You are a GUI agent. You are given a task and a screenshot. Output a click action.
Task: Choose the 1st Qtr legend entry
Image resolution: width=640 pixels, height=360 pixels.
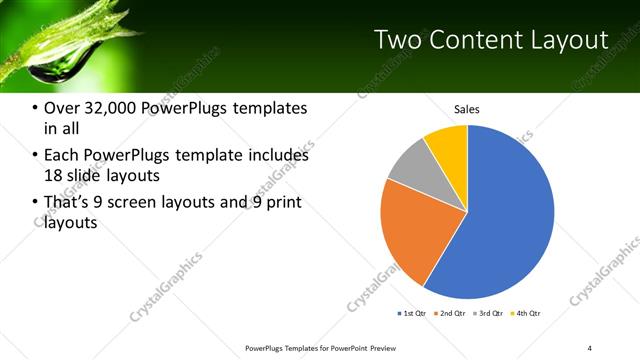click(x=413, y=313)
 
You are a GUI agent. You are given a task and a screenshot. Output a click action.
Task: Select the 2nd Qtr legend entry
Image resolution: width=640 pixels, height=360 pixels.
click(x=451, y=313)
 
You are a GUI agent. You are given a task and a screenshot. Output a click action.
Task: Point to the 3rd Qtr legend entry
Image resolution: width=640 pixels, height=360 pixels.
click(x=488, y=313)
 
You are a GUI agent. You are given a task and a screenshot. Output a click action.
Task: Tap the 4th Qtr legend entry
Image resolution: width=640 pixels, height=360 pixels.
click(x=526, y=313)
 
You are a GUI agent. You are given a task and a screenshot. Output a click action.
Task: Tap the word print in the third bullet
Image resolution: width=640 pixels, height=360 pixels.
click(x=282, y=202)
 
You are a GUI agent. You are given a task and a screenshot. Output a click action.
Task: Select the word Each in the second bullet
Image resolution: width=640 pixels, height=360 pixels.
click(x=61, y=155)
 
